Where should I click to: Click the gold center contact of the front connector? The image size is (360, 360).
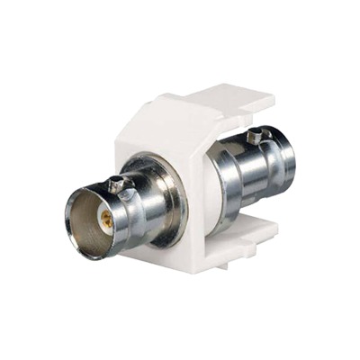[x=105, y=220]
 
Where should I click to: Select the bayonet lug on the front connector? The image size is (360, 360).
[x=115, y=186]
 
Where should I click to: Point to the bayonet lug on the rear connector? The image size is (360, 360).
[x=259, y=138]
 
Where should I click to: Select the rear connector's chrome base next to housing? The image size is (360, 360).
[x=220, y=180]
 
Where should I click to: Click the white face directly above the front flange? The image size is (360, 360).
[x=157, y=148]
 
